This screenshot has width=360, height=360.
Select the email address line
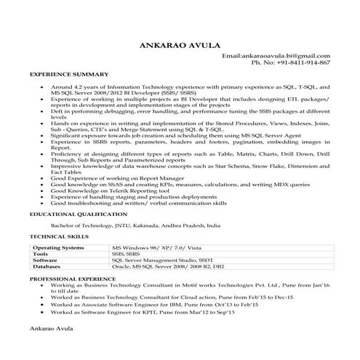(x=276, y=55)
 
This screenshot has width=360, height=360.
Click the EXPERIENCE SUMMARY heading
(x=69, y=74)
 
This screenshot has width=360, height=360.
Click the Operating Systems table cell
(x=59, y=247)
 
